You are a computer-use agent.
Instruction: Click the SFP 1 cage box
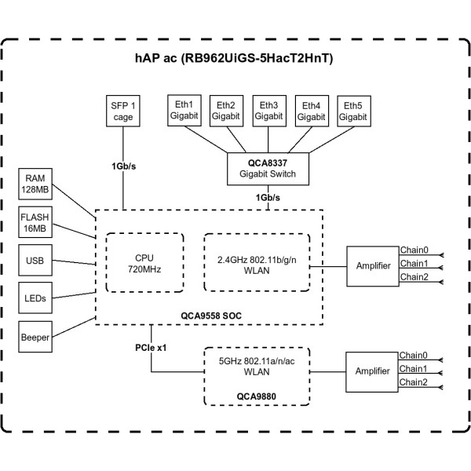tap(122, 111)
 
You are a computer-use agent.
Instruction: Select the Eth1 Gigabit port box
tap(184, 110)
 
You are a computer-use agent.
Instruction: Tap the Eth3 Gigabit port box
tap(268, 110)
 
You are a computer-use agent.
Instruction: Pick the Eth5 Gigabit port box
tap(352, 110)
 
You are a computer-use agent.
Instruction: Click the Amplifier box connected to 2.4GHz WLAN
tap(372, 266)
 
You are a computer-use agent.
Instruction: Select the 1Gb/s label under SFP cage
tap(123, 166)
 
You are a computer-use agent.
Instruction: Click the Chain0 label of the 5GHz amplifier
tap(414, 355)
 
